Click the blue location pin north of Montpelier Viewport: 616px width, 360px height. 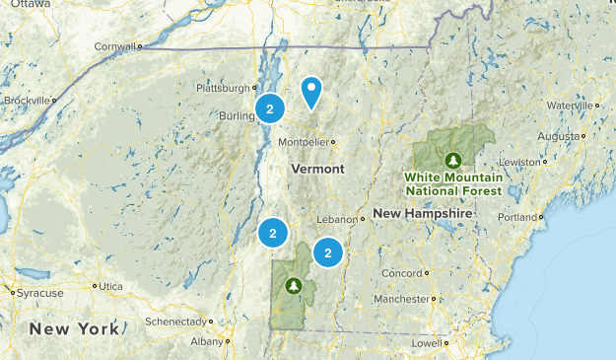point(311,93)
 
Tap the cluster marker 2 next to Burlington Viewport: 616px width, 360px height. point(269,108)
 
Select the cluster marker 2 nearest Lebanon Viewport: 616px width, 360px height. point(327,252)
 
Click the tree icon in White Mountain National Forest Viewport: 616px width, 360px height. point(453,159)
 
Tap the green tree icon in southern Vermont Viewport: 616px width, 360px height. point(293,286)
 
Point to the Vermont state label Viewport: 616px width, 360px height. point(317,170)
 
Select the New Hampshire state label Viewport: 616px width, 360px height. point(424,213)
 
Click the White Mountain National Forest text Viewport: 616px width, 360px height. point(452,183)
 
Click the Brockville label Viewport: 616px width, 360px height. point(25,101)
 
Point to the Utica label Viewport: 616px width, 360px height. point(111,286)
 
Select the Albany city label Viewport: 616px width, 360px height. point(206,341)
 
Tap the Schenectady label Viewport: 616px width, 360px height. point(177,322)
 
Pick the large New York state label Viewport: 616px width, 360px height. point(74,327)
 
